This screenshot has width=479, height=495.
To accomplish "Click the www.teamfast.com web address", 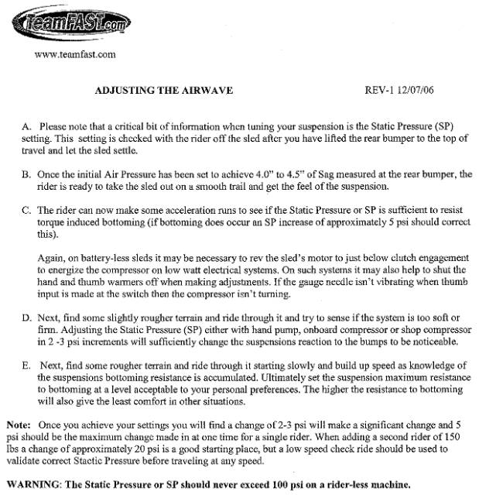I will click(x=76, y=54).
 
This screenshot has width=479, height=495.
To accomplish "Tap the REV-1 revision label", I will click(x=381, y=90).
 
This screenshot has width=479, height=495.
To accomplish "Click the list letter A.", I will click(x=23, y=125).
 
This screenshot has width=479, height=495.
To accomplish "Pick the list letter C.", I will click(x=23, y=210).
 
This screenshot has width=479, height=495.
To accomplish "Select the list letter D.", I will click(x=23, y=318).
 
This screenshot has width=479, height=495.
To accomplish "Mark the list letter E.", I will click(x=23, y=366).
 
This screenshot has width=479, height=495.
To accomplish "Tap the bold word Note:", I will click(x=19, y=425).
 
